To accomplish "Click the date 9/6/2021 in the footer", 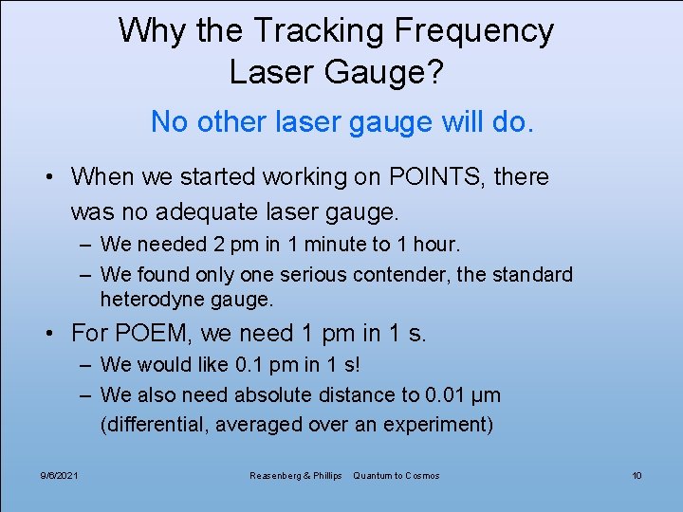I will [x=60, y=475].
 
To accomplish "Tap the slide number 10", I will [x=637, y=475].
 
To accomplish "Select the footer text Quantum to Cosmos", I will [x=396, y=475].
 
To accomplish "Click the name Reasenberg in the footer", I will [x=276, y=475].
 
